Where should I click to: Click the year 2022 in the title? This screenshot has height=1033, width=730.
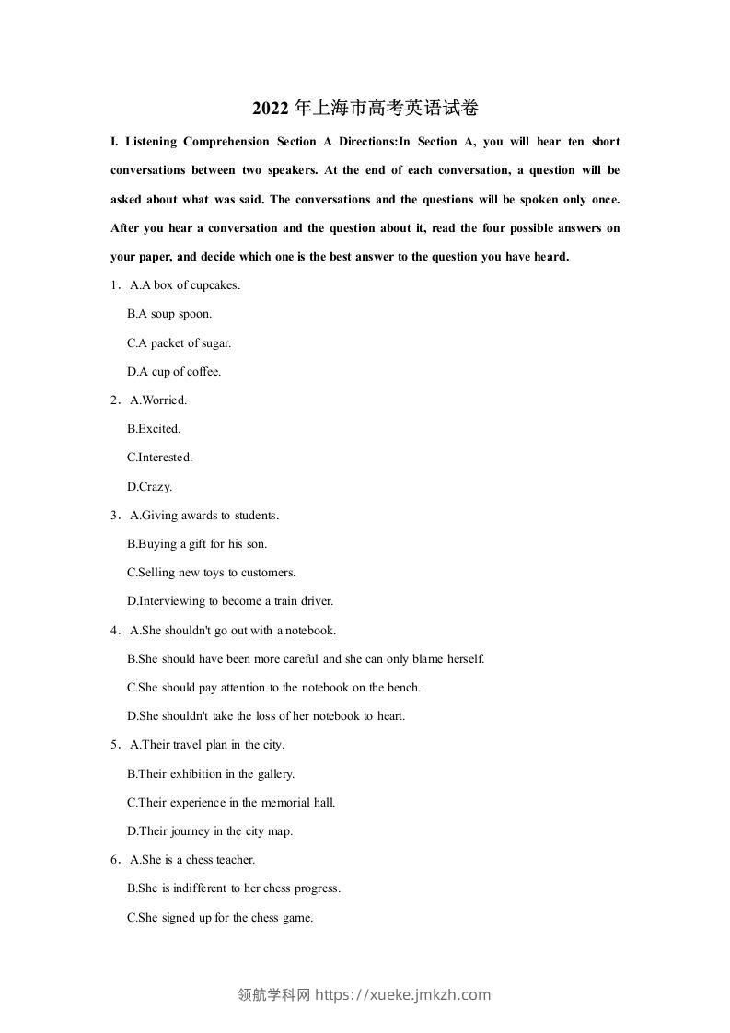tap(270, 109)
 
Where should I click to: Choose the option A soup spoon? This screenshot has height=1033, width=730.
tap(169, 314)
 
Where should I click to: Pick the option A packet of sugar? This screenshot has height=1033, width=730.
tap(179, 343)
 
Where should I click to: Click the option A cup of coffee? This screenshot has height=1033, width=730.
tap(174, 372)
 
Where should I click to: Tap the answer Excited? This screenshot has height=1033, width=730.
tap(154, 429)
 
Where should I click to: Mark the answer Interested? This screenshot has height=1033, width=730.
tap(159, 458)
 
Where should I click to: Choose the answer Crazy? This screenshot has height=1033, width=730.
tap(149, 487)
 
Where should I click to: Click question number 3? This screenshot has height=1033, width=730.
tap(114, 516)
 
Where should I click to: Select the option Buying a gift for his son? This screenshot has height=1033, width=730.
tap(197, 544)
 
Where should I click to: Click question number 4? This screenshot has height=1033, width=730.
tap(114, 631)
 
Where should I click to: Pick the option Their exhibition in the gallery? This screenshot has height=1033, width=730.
tap(211, 774)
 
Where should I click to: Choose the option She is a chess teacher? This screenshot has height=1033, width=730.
tap(192, 860)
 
